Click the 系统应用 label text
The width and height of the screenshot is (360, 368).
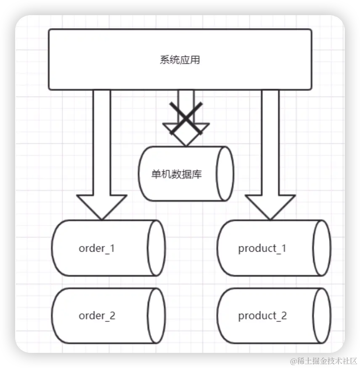coord(180,60)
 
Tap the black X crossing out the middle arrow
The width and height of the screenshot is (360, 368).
coord(186,118)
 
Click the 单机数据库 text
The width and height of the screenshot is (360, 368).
coord(177,174)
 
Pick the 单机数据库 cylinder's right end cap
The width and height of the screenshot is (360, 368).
coord(225,173)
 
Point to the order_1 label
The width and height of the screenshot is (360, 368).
coord(97,248)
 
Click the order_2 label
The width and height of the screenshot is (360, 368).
coord(97,315)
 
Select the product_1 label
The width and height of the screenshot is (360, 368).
coord(262,248)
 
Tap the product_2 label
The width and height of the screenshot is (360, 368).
coord(262,315)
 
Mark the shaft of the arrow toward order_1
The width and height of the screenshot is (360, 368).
coord(101,143)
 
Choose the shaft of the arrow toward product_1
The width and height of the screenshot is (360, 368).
coord(270,143)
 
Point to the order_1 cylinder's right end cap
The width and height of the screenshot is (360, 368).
coord(156,248)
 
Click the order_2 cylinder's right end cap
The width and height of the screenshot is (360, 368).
coord(156,315)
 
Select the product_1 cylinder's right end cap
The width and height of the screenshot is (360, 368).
coord(323,248)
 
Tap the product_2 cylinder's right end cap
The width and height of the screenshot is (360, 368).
coord(323,315)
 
